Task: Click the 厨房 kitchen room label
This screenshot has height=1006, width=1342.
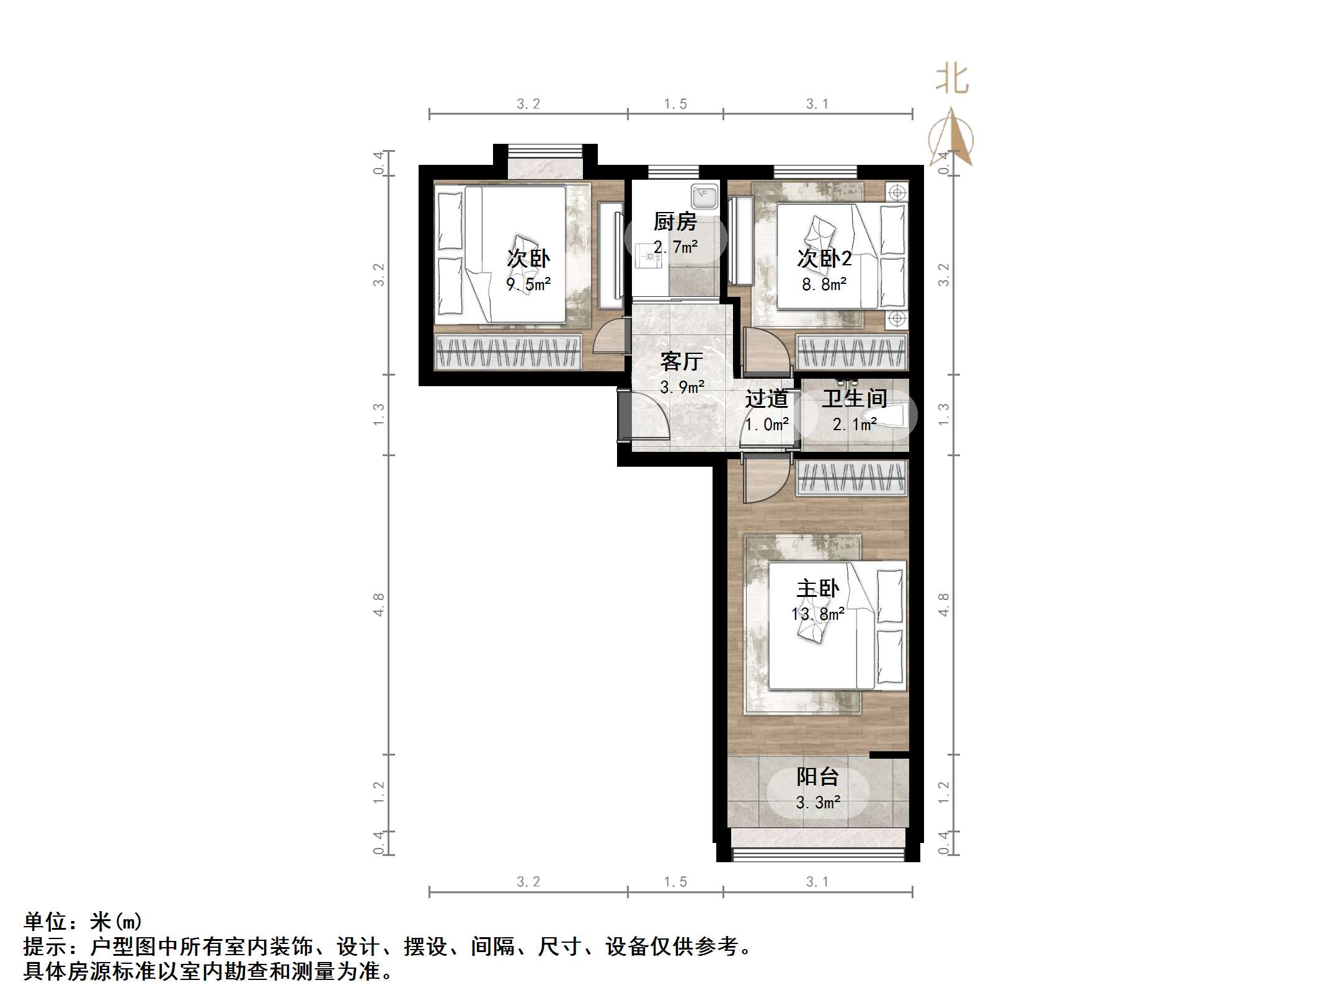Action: click(675, 221)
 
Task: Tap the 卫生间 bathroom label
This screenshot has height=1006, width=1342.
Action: click(854, 398)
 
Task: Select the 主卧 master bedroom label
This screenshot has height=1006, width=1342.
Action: click(817, 588)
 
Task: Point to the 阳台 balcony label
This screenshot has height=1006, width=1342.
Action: click(817, 776)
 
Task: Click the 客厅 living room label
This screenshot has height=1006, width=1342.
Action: click(681, 361)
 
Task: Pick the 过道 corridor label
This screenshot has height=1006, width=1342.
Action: click(767, 399)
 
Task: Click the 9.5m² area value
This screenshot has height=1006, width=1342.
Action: click(528, 285)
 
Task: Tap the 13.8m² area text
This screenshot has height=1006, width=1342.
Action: click(817, 614)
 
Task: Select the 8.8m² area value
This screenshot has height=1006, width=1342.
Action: click(824, 285)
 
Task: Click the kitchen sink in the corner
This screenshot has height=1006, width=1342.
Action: click(704, 196)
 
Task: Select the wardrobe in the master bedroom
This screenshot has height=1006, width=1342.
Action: click(851, 478)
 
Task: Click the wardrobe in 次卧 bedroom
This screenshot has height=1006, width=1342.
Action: click(508, 353)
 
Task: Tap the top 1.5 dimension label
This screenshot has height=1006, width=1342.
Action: click(675, 104)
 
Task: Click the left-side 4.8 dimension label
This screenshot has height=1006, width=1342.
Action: click(378, 604)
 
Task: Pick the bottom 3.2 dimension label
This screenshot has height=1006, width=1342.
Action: click(528, 881)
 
